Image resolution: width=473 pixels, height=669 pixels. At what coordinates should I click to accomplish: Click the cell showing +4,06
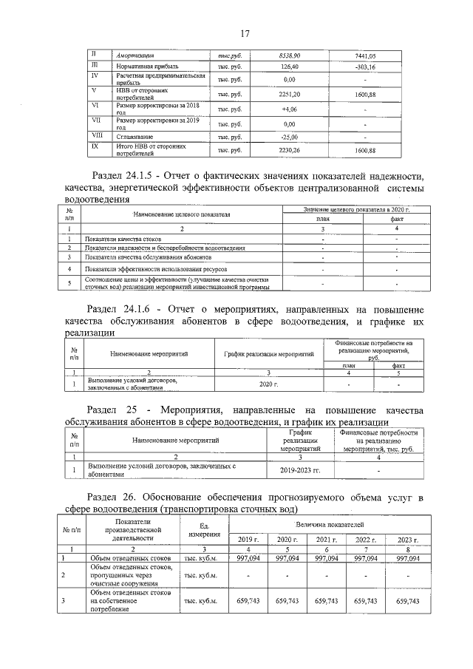pos(290,108)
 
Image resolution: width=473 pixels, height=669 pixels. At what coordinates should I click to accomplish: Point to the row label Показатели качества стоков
pos(123,239)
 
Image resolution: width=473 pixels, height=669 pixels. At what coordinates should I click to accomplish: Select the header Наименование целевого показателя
pos(182,214)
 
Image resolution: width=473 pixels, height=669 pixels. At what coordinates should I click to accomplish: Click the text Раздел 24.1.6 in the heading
pos(127,308)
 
